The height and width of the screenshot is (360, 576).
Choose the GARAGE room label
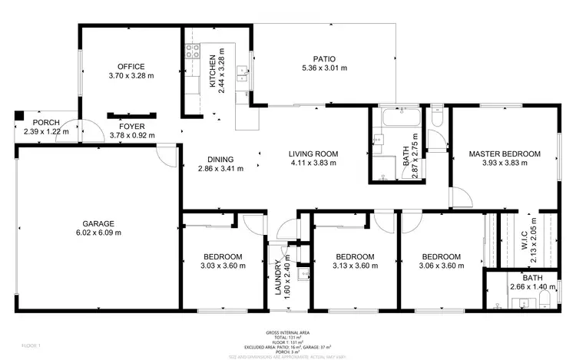tap(98, 223)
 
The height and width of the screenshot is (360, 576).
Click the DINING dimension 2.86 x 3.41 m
tap(220, 169)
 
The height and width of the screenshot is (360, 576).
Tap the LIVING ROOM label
tap(314, 154)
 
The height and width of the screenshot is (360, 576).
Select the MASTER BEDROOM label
tap(505, 154)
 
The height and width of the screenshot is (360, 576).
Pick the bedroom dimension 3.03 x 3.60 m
tap(223, 266)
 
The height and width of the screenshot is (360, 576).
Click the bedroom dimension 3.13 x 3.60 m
tap(356, 266)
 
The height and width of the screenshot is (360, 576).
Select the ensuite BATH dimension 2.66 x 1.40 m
tap(532, 287)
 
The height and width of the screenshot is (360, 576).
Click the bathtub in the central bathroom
tap(399, 119)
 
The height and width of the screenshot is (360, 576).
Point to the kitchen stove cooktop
tap(191, 54)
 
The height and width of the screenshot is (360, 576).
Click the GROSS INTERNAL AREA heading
tap(288, 332)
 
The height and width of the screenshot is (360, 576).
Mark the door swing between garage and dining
tap(165, 154)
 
